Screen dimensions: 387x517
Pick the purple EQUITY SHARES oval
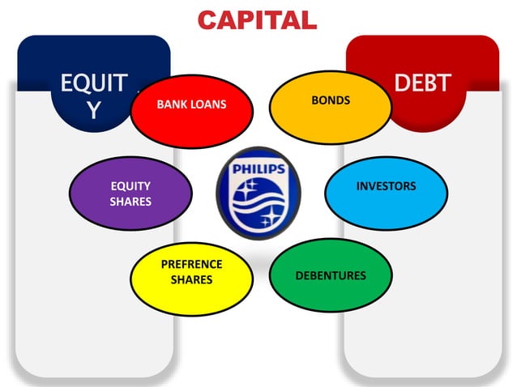pos(130,194)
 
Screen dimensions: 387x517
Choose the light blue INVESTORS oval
pos(386,193)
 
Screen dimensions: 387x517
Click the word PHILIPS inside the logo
pos(258,169)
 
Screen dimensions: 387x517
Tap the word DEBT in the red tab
pos(422,83)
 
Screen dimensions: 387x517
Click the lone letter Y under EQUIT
pos(94,111)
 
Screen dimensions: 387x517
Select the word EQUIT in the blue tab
pos(93,83)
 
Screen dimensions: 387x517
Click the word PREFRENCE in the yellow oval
pos(191,264)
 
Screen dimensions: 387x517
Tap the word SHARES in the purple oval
pos(130,202)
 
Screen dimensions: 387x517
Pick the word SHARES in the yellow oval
pos(191,279)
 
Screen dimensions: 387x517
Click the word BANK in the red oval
pos(173,104)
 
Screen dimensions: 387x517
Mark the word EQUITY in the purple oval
pos(130,186)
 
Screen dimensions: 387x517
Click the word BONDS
pos(331,100)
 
